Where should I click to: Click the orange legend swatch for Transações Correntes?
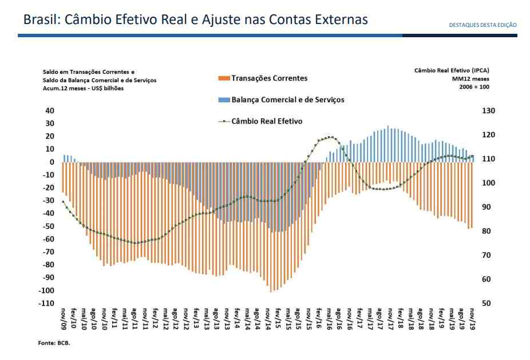click(224, 78)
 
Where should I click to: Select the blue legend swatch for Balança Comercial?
click(224, 100)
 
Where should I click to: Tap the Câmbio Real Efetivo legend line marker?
click(224, 121)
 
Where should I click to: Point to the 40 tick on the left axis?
click(50, 110)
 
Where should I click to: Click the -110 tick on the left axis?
click(46, 303)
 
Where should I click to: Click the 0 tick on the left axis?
click(52, 162)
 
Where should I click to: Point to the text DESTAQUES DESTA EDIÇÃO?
click(483, 25)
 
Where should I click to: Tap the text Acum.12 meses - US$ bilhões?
click(83, 89)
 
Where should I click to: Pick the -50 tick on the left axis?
click(48, 226)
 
